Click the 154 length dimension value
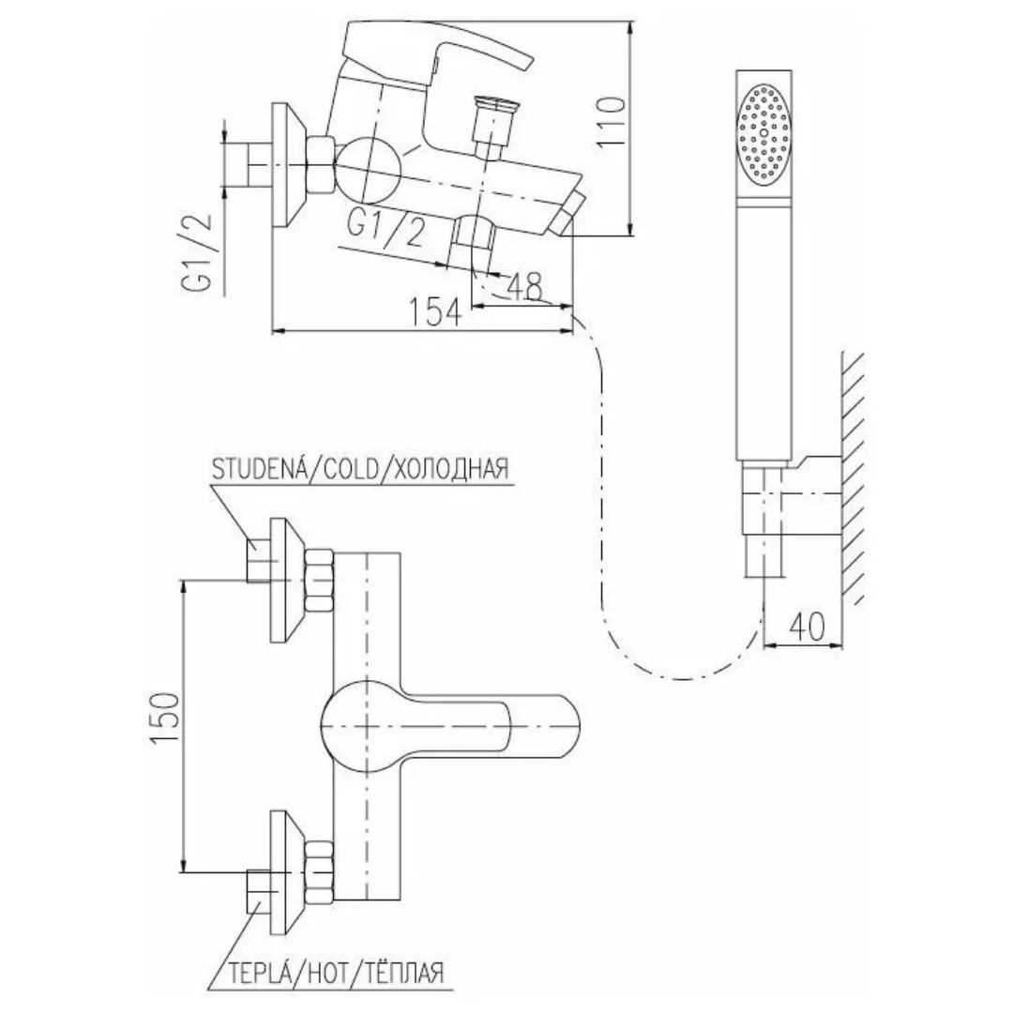pos(436,313)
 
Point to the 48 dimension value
pos(524,286)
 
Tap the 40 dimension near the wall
pos(807,626)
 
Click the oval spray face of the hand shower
pos(764,132)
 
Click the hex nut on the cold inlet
pos(319,581)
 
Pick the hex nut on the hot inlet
pos(319,872)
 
